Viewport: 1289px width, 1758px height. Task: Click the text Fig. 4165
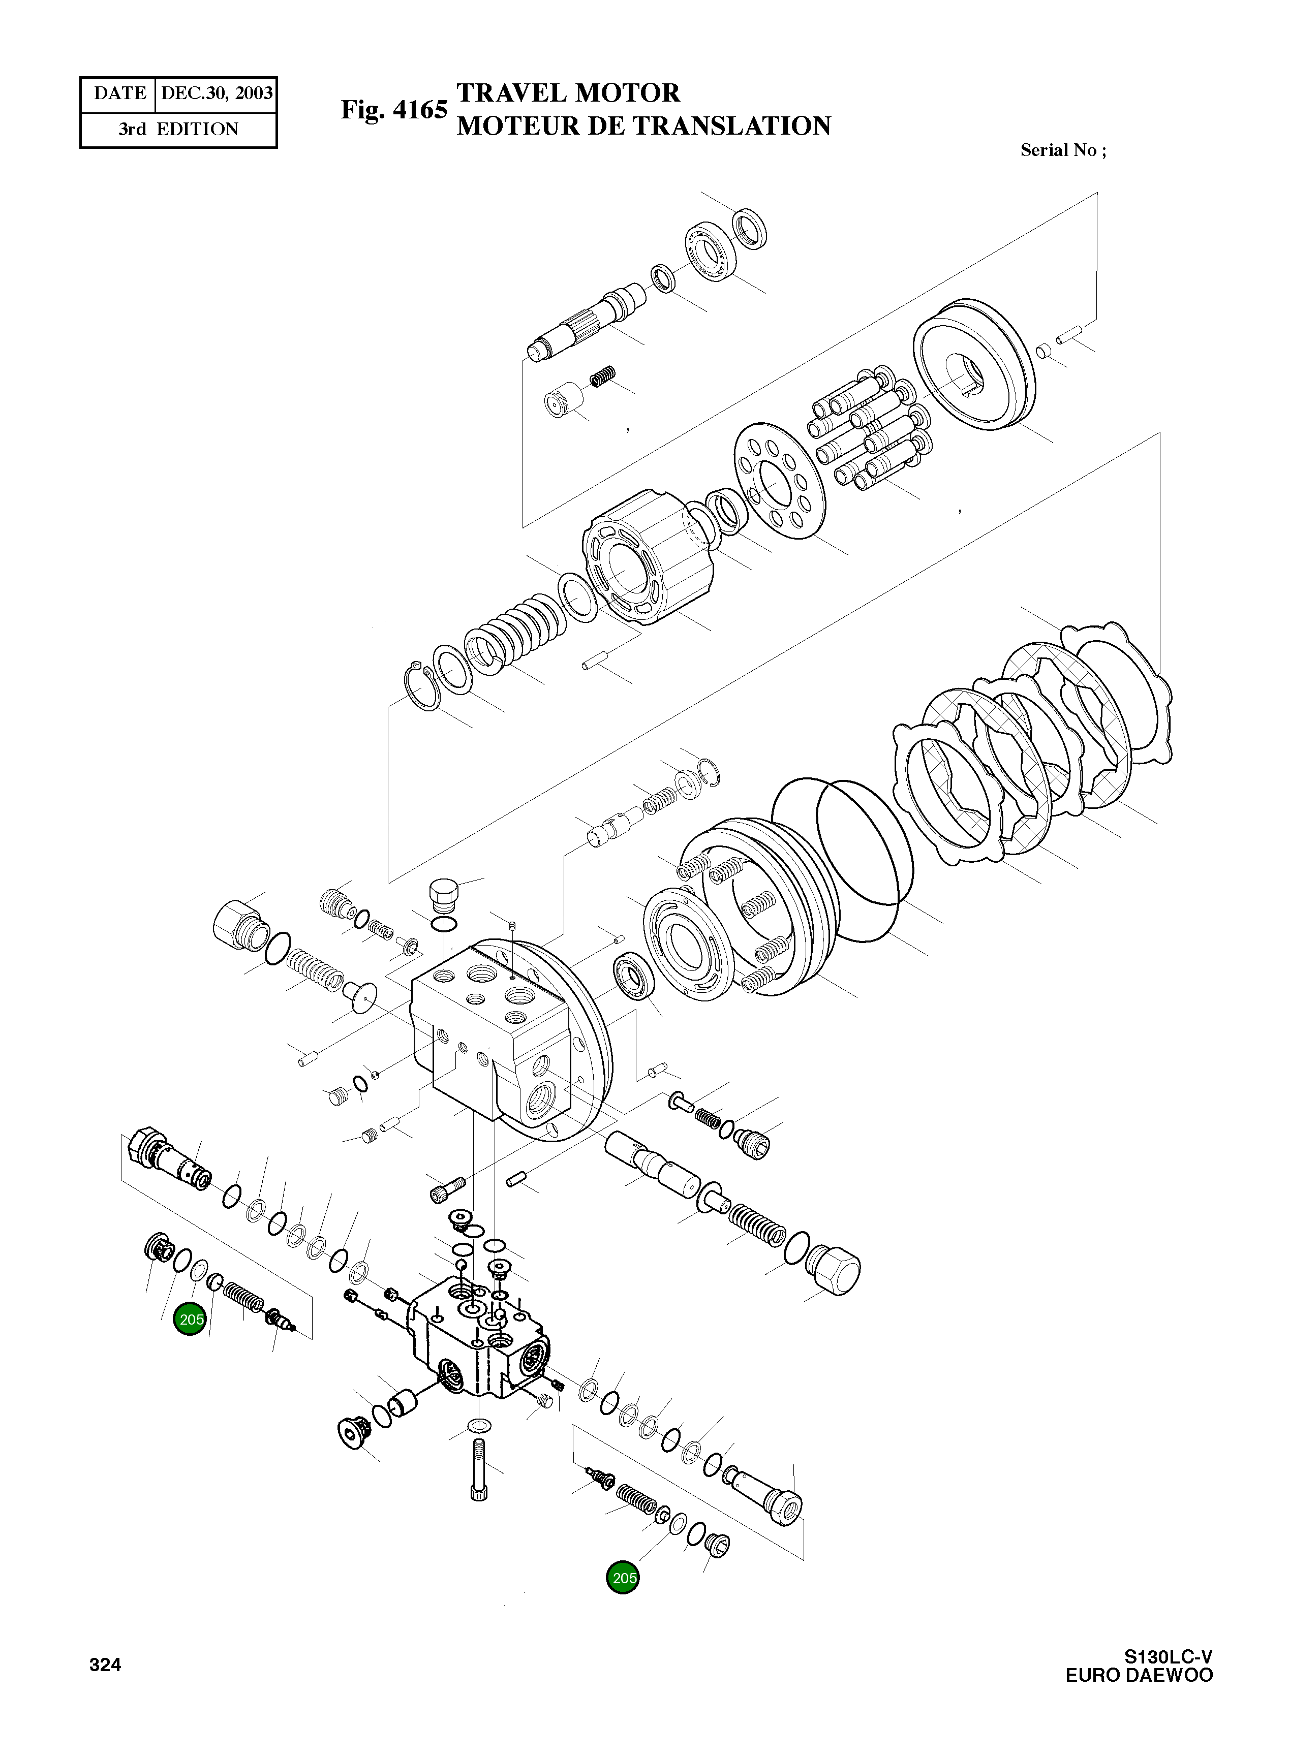tap(393, 109)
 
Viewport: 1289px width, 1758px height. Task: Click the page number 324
tap(105, 1665)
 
